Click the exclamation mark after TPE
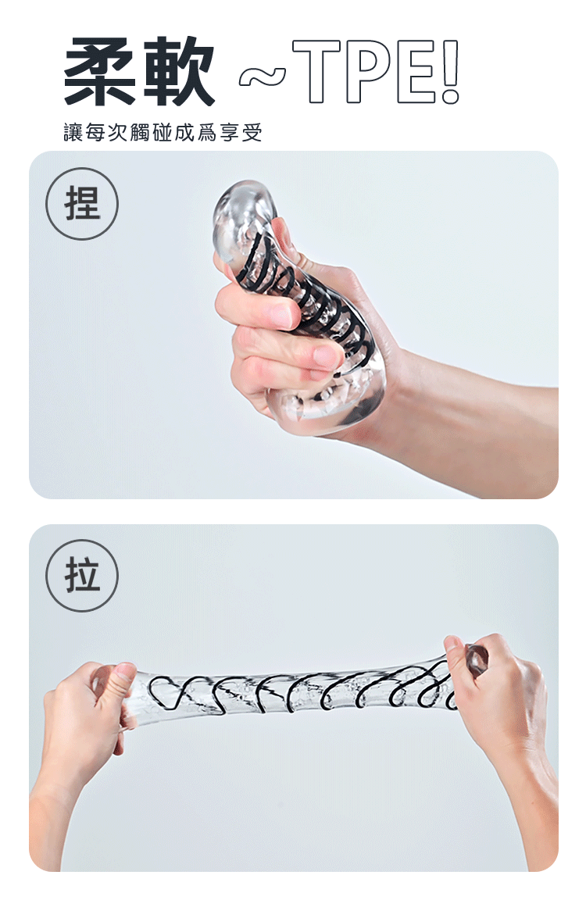click(451, 72)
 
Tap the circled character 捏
click(82, 204)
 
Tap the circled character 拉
click(82, 575)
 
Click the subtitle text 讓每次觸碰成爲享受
click(163, 133)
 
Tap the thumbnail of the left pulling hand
click(124, 671)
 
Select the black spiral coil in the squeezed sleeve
click(310, 298)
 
